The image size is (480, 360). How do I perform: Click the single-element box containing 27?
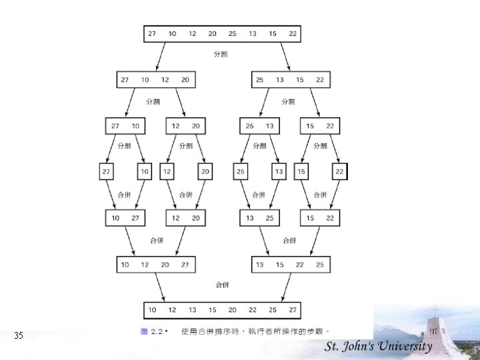(x=107, y=172)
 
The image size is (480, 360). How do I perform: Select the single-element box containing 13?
(x=279, y=172)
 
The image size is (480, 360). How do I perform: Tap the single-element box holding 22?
(x=339, y=172)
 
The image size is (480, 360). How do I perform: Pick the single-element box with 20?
(x=205, y=172)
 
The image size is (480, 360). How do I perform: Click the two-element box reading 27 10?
(x=125, y=126)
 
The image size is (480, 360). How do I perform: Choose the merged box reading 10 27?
(x=125, y=218)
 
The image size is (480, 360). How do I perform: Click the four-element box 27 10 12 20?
(x=155, y=80)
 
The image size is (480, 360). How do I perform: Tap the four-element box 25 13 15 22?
(x=290, y=80)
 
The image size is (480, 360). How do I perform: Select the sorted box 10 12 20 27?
(x=155, y=265)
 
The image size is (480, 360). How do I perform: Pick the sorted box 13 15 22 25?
(x=290, y=265)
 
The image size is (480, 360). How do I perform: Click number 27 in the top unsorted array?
(x=152, y=33)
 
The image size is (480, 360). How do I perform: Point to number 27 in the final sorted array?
(x=292, y=311)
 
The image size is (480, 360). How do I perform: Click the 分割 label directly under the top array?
(x=221, y=55)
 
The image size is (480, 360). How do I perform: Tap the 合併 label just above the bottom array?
(x=222, y=285)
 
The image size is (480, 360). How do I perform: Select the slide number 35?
(x=19, y=335)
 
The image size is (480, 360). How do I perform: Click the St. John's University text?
(x=378, y=346)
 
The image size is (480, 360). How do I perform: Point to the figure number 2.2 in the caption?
(x=157, y=331)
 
